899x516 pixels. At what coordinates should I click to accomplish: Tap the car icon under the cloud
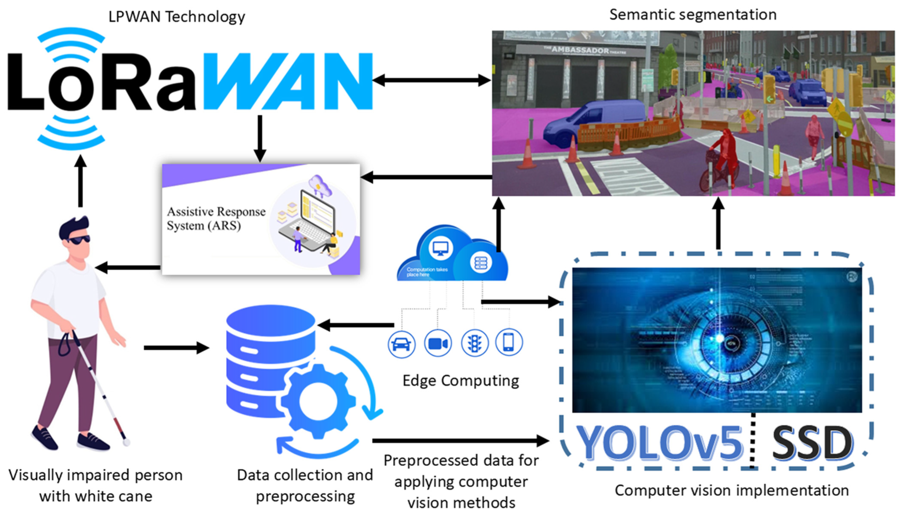[x=401, y=344]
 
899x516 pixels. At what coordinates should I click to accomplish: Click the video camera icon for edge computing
[x=438, y=343]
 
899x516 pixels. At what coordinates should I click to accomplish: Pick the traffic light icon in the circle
[x=474, y=343]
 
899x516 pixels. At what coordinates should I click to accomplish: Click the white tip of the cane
[x=127, y=442]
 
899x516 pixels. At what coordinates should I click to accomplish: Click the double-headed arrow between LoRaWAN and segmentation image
[x=432, y=80]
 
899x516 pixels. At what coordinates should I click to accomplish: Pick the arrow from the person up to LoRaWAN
[x=81, y=181]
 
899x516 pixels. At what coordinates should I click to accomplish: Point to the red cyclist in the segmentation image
[x=723, y=156]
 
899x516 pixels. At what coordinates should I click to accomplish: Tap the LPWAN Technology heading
[x=176, y=17]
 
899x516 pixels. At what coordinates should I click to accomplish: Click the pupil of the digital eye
[x=720, y=338]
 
